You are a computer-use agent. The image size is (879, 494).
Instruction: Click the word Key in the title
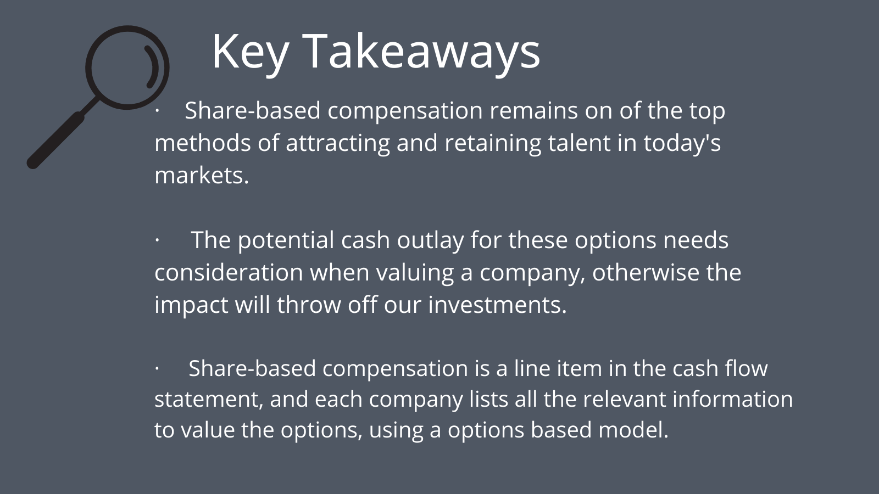pyautogui.click(x=251, y=53)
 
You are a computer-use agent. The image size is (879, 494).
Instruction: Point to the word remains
pyautogui.click(x=533, y=110)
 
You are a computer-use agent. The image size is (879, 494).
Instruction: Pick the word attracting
pyautogui.click(x=337, y=143)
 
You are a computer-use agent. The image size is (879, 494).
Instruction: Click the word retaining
pyautogui.click(x=492, y=143)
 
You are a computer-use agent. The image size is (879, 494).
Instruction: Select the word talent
pyautogui.click(x=579, y=143)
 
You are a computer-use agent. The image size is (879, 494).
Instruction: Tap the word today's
pyautogui.click(x=682, y=143)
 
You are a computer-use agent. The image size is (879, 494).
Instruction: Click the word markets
pyautogui.click(x=202, y=175)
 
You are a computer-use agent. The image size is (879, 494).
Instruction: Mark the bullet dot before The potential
pyautogui.click(x=157, y=240)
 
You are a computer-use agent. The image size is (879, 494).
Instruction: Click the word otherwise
pyautogui.click(x=646, y=272)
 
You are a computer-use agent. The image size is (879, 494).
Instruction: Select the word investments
pyautogui.click(x=498, y=305)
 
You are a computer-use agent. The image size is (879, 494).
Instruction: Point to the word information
pyautogui.click(x=733, y=399)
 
